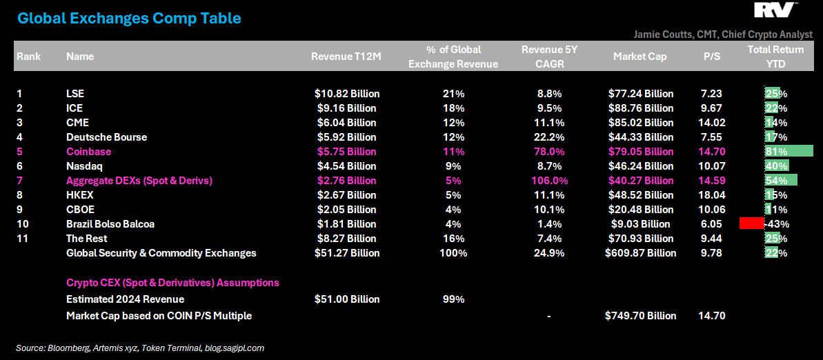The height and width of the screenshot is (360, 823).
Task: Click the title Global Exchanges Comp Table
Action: [x=129, y=19]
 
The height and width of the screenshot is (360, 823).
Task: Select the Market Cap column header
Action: [x=639, y=57]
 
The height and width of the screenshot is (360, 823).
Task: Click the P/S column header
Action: [x=711, y=57]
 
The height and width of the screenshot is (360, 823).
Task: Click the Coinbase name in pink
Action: [x=88, y=152]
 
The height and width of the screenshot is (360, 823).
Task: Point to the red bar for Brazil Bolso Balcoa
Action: [x=751, y=223]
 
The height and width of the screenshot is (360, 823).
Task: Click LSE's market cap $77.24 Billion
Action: [x=640, y=94]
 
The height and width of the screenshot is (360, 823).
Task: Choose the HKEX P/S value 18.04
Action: [x=711, y=195]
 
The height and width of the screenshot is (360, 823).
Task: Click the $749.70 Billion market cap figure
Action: [x=640, y=316]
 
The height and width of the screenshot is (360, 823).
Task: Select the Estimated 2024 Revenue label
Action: [x=125, y=300]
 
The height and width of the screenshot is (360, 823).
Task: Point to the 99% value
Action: [x=453, y=300]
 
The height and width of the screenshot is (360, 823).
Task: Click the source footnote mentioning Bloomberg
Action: [x=140, y=348]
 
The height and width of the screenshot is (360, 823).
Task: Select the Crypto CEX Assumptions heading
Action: [x=172, y=283]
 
